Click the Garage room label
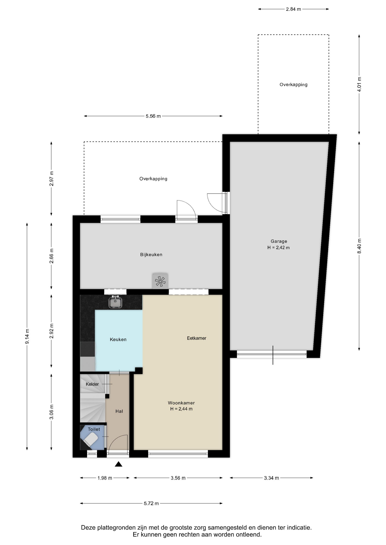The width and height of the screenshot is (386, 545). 279,241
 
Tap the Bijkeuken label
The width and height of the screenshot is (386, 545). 151,255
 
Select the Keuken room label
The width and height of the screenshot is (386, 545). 118,339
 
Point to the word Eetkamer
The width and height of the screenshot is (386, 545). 196,338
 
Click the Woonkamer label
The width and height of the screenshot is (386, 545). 181,403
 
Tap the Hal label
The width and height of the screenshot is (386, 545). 119,411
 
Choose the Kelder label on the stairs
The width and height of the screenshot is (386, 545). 92,384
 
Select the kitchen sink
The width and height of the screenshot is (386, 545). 115,302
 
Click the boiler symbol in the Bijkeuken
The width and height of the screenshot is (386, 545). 160,281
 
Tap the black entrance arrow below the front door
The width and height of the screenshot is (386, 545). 119,464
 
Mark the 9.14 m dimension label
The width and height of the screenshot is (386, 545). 27,336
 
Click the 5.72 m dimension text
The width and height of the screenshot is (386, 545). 151,503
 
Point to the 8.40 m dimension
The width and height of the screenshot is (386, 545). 359,246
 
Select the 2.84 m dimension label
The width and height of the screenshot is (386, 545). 293,9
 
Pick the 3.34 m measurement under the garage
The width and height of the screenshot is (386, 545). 271,478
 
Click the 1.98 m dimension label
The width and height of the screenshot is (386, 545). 105,478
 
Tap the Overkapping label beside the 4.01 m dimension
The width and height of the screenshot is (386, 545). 293,85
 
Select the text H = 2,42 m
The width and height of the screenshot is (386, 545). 279,248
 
